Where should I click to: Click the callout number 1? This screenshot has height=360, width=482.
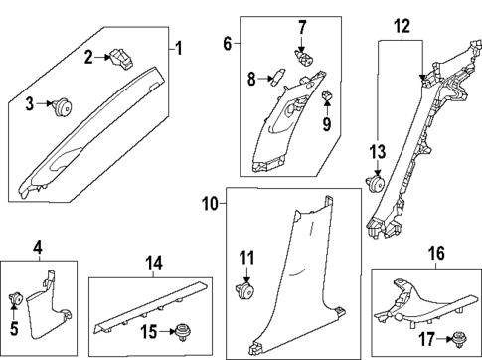178,49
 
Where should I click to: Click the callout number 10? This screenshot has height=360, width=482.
209,203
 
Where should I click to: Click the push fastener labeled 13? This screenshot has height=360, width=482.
377,180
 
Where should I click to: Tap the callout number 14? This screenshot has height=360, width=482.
152,264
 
